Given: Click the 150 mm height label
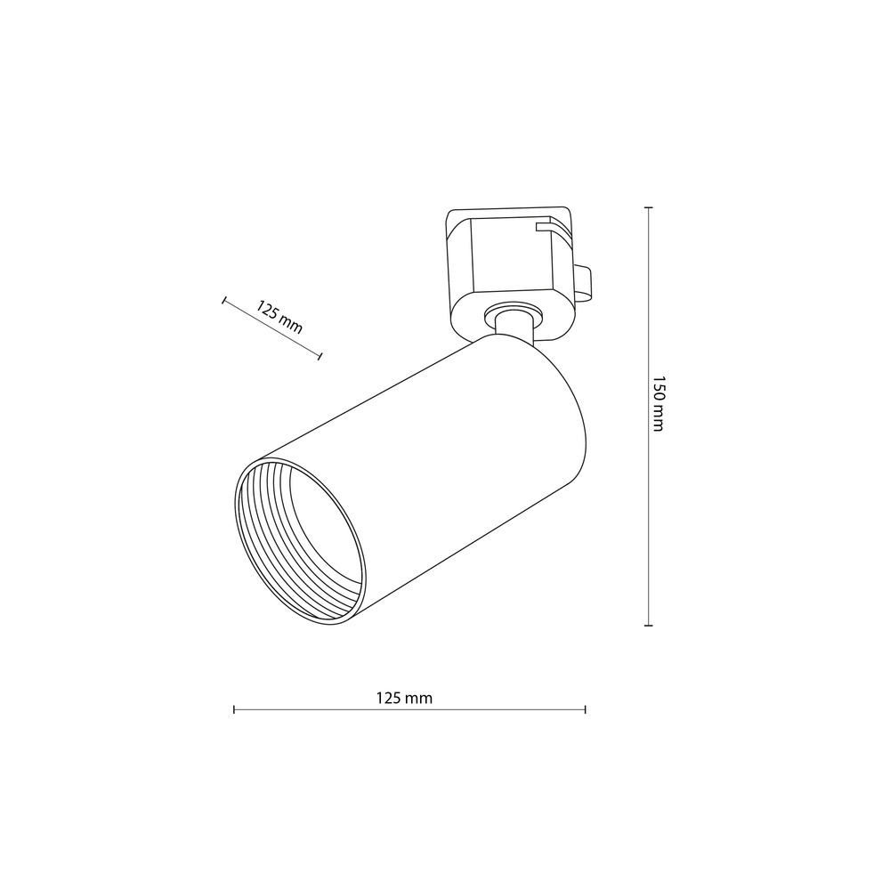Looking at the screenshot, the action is point(658,403).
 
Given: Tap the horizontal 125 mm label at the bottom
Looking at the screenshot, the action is point(404,698).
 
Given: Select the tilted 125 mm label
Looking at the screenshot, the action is point(279,317).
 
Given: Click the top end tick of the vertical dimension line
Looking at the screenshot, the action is point(648,207).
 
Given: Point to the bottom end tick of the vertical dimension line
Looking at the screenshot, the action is point(648,626).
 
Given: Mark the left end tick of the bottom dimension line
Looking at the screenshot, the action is point(234,709).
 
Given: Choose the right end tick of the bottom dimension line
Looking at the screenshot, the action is point(586,709).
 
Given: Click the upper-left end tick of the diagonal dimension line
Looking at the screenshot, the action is point(224,300).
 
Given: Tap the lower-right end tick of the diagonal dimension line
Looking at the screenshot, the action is point(320,356).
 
